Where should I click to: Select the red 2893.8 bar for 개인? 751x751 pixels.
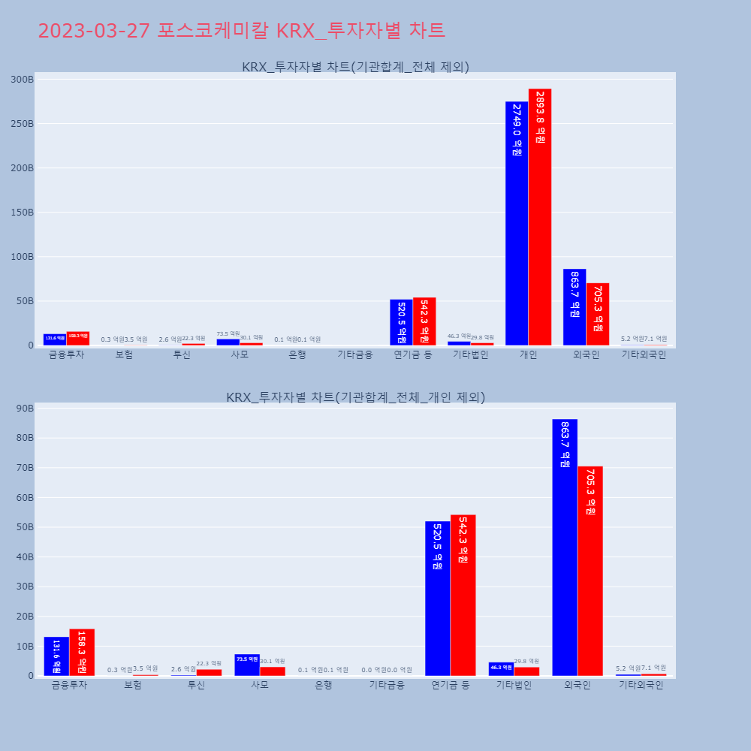pyautogui.click(x=540, y=217)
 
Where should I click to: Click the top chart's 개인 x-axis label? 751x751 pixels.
pyautogui.click(x=528, y=355)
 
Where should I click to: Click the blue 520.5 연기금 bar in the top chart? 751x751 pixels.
pyautogui.click(x=401, y=322)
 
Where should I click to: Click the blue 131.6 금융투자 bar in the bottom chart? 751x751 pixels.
pyautogui.click(x=56, y=656)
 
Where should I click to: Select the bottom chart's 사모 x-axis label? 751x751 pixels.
pyautogui.click(x=260, y=685)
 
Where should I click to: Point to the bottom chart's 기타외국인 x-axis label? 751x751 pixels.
pyautogui.click(x=641, y=685)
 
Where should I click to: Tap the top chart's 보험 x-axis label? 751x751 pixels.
pyautogui.click(x=124, y=355)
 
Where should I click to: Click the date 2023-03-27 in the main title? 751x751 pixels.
pyautogui.click(x=95, y=31)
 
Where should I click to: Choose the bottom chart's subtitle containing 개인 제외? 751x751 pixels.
pyautogui.click(x=355, y=397)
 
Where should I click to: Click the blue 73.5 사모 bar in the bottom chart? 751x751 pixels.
pyautogui.click(x=247, y=665)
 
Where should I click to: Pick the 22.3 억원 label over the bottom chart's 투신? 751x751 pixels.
pyautogui.click(x=209, y=663)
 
